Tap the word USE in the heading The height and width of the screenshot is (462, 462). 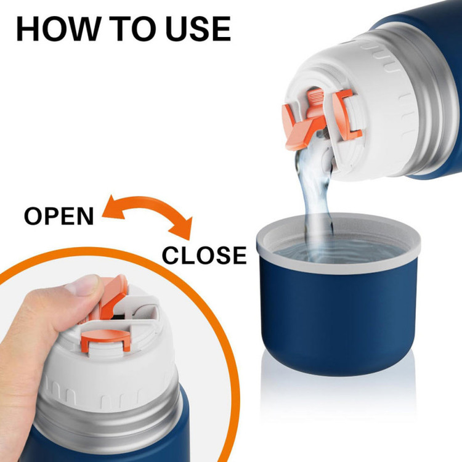pos(198,28)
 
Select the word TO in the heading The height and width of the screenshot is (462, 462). pos(132,28)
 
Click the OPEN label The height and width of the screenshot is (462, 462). pos(59,216)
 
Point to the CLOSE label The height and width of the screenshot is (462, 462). pos(204,255)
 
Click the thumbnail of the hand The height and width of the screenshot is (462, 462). pos(83,285)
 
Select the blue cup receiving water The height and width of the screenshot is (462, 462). pos(338,294)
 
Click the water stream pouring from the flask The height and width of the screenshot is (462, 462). pos(314,200)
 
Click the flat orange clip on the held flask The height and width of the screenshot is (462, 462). pos(106,338)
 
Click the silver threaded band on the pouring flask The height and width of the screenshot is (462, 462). pos(424,97)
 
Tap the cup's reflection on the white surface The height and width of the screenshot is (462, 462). pos(338,392)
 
